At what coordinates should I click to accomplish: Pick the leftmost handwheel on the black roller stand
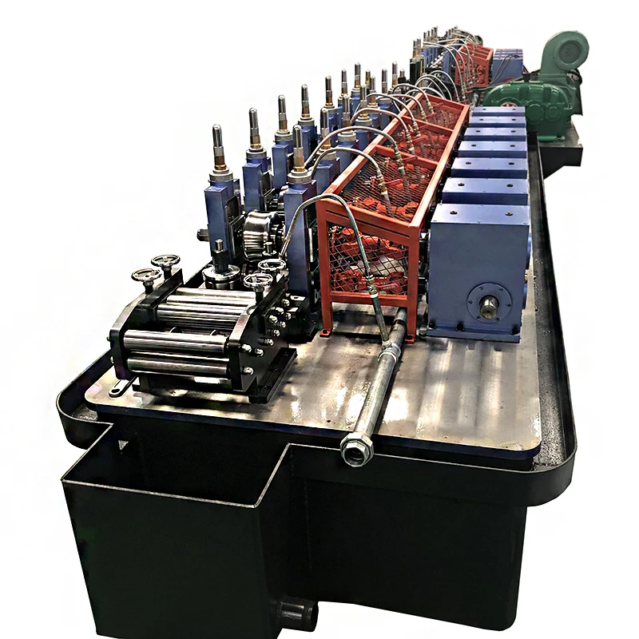pos(147,276)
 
